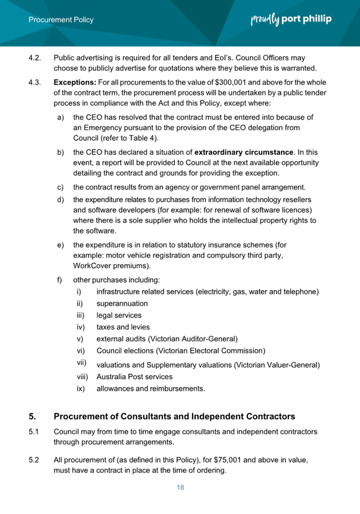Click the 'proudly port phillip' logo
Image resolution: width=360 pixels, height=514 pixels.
[x=291, y=20]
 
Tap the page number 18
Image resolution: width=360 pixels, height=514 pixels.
[x=180, y=487]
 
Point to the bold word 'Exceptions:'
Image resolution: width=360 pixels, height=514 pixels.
[x=75, y=82]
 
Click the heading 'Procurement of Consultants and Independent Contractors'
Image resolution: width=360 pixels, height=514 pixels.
[x=174, y=417]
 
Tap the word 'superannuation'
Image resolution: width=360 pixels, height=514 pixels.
[x=122, y=304]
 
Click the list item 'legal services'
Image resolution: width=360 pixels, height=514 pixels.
[x=118, y=315]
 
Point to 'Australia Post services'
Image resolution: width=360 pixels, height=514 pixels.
[x=134, y=376]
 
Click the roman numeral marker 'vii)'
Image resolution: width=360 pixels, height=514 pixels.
[x=82, y=362]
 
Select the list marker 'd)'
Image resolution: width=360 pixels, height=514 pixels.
[x=60, y=199]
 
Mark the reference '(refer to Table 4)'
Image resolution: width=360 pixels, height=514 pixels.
[x=128, y=138]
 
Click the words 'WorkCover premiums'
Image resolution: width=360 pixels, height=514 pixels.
[x=113, y=265]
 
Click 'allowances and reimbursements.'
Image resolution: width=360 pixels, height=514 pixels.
[x=151, y=388]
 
